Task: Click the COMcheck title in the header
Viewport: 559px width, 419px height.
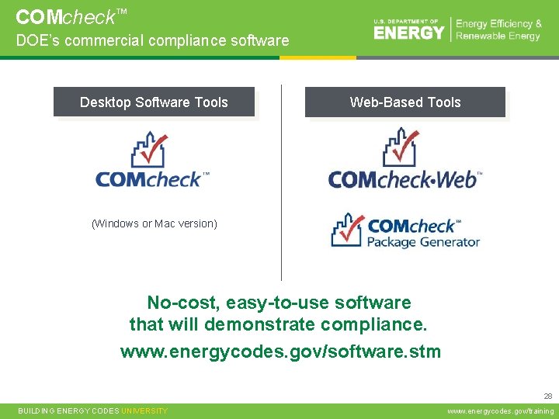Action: tap(66, 16)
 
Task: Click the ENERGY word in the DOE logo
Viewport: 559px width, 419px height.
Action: tap(409, 32)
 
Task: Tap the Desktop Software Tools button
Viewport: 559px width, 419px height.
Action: tap(154, 102)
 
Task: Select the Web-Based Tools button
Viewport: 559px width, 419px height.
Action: tap(404, 102)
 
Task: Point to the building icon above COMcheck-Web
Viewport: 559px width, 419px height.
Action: tap(401, 147)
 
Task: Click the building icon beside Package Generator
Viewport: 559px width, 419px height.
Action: tap(347, 230)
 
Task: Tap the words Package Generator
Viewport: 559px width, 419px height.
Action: tap(423, 242)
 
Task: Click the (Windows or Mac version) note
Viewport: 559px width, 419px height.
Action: tap(155, 223)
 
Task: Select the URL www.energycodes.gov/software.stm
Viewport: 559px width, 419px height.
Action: tap(280, 351)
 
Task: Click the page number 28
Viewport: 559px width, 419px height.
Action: tap(548, 395)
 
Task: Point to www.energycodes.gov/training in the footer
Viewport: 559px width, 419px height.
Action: tap(501, 411)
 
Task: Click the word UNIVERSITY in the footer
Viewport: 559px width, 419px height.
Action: tap(144, 411)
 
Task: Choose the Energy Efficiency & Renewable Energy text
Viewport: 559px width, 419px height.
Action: tap(498, 30)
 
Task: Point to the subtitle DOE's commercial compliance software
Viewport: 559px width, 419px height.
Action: tap(152, 41)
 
